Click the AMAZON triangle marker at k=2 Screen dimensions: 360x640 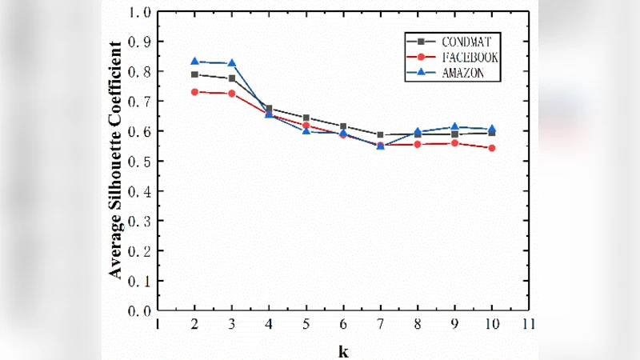pos(194,62)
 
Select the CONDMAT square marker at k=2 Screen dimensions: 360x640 pos(194,74)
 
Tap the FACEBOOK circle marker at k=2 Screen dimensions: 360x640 pos(194,92)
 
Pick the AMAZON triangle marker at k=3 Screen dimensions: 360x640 pos(232,63)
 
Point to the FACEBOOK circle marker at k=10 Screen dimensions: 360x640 pos(491,148)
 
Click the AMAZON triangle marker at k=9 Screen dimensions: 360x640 pos(454,127)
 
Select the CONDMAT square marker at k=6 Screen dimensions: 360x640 pos(343,126)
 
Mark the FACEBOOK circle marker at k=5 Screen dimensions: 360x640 pos(306,126)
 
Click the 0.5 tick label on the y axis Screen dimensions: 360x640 pos(142,162)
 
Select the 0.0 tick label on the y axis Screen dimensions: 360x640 pos(142,311)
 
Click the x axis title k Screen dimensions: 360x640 pos(343,350)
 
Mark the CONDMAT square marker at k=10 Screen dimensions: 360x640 pos(491,133)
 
